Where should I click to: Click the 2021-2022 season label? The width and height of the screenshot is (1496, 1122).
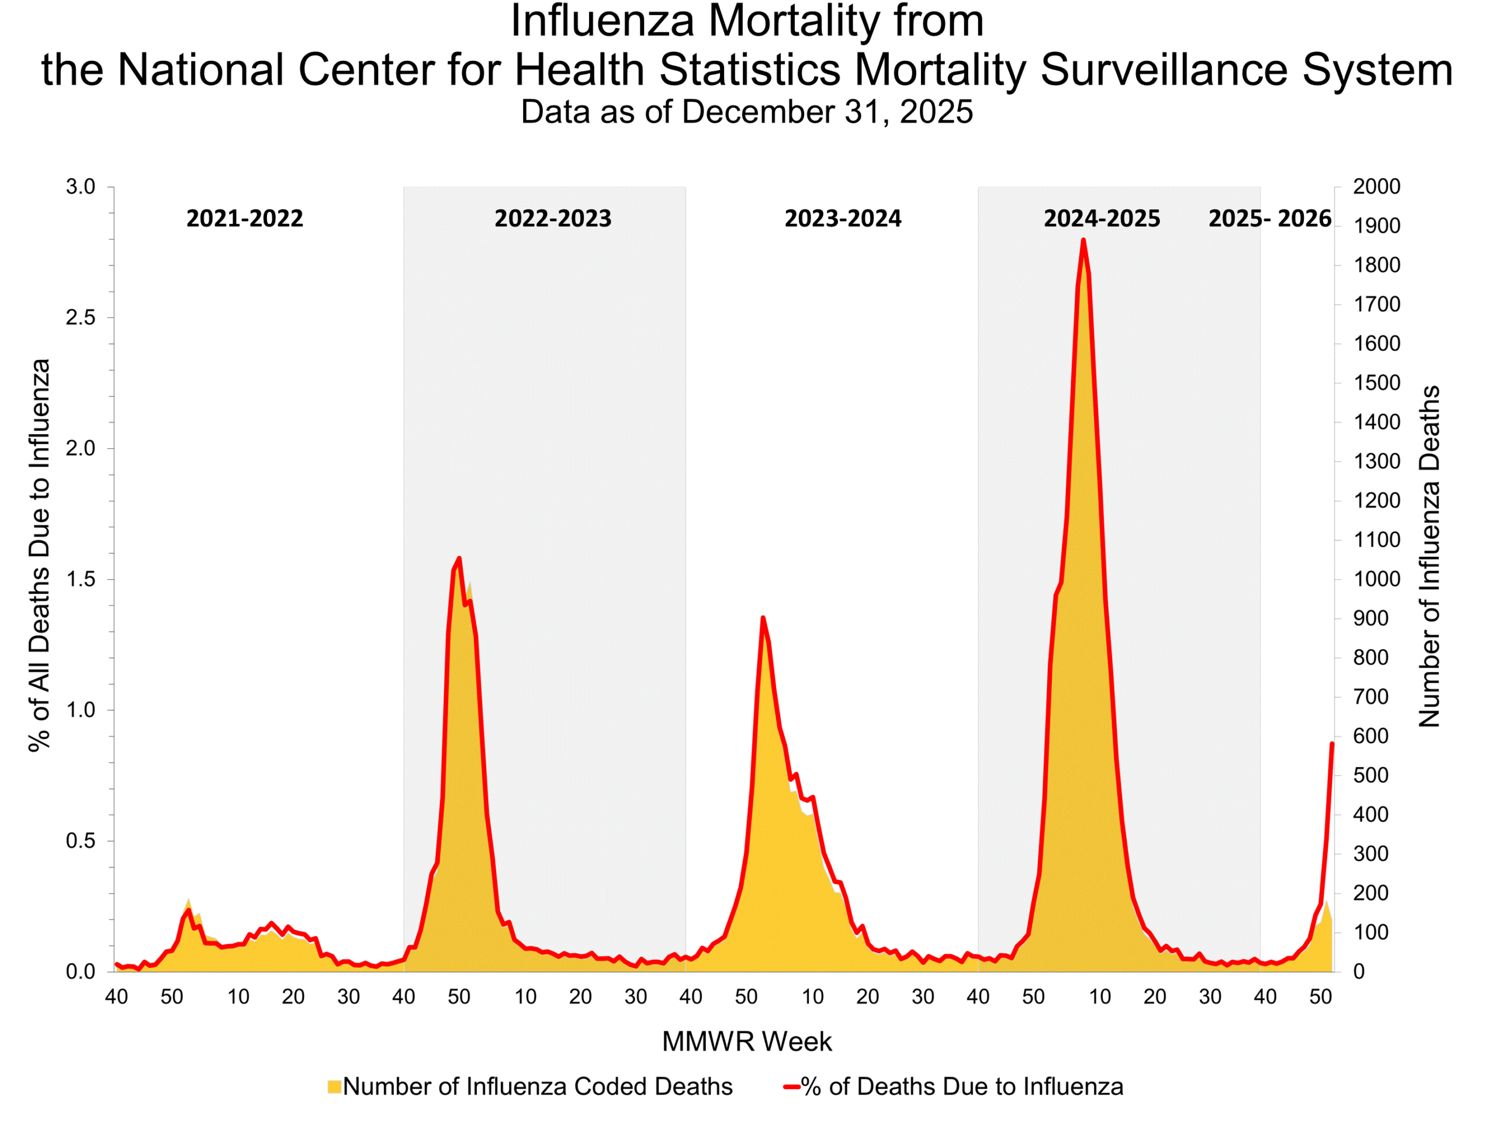coord(244,219)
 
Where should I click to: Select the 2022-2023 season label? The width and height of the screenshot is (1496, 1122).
coord(553,219)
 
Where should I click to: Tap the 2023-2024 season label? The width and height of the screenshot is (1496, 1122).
coord(843,219)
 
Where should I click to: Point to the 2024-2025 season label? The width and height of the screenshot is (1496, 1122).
coord(1102,219)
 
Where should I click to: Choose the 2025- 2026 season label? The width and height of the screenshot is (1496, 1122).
coord(1269,219)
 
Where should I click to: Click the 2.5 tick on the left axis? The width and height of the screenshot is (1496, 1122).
coord(81,318)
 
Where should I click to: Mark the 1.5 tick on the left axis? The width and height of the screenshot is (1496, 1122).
coord(81,580)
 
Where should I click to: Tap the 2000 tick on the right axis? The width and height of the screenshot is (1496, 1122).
coord(1376,186)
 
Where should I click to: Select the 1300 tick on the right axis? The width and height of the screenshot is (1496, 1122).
coord(1376,461)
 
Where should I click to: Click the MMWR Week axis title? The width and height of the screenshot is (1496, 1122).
coord(747,1041)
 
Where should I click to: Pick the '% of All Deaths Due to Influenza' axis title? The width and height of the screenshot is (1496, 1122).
coord(39,555)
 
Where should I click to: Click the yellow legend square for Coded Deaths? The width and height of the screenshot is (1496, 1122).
coord(334,1087)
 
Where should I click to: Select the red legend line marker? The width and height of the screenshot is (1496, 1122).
coord(791,1087)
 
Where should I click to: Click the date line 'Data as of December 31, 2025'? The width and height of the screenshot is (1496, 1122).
coord(747,112)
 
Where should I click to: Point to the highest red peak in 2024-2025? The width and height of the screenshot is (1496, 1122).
coord(1083,240)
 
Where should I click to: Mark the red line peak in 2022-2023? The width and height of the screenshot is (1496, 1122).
coord(459,559)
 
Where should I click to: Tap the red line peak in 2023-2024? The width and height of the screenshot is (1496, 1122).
coord(763,618)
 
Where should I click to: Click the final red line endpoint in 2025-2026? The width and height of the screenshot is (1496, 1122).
coord(1332,743)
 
